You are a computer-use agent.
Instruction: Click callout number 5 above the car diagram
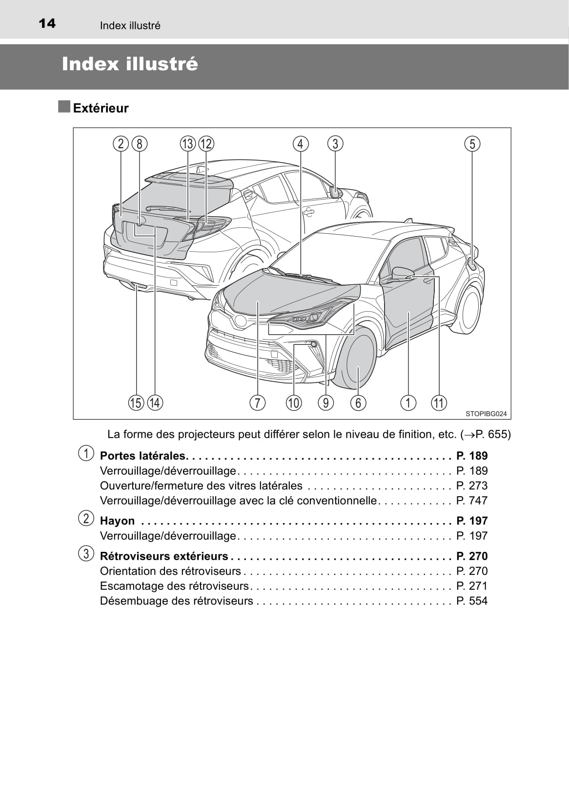[x=472, y=144]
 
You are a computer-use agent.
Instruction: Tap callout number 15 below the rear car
[x=136, y=403]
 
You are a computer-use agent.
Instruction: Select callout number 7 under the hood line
[x=257, y=403]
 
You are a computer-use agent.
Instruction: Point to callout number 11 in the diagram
[x=439, y=403]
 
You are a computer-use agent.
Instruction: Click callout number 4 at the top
[x=301, y=144]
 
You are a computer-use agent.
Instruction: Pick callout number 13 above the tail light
[x=188, y=144]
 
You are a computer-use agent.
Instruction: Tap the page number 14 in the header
[x=47, y=23]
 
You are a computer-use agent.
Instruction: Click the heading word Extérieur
[x=101, y=108]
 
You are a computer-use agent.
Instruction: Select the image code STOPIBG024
[x=486, y=414]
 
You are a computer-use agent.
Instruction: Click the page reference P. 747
[x=472, y=501]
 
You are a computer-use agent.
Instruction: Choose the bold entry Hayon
[x=117, y=521]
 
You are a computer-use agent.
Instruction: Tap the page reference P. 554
[x=472, y=601]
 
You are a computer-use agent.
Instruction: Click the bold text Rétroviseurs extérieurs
[x=164, y=556]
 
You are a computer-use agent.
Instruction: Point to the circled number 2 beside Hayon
[x=86, y=519]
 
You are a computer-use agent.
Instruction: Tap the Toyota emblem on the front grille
[x=240, y=321]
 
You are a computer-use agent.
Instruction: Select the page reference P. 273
[x=472, y=486]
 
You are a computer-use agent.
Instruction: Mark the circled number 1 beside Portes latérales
[x=86, y=454]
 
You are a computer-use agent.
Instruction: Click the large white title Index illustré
[x=130, y=64]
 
